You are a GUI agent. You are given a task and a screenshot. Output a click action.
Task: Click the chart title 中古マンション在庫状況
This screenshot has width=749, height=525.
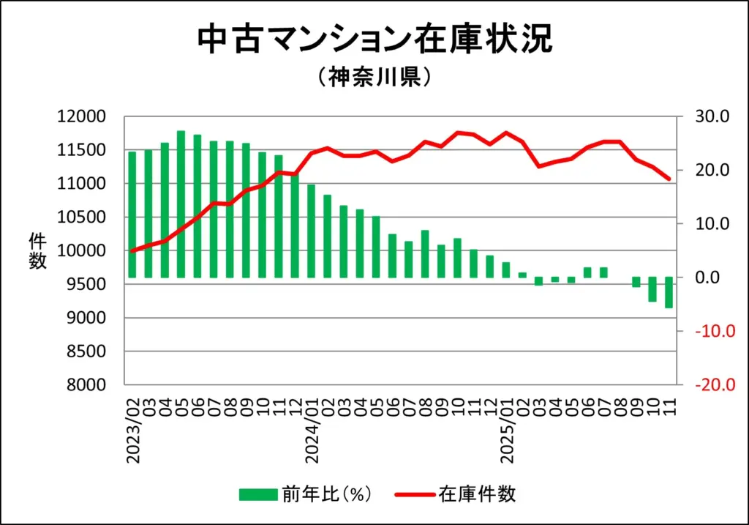click(x=374, y=40)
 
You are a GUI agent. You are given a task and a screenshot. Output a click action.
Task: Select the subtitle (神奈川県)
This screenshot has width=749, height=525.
click(x=374, y=78)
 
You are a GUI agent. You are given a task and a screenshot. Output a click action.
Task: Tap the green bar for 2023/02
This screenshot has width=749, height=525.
click(x=132, y=215)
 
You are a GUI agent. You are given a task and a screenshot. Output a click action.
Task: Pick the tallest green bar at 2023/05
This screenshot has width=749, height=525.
click(x=181, y=204)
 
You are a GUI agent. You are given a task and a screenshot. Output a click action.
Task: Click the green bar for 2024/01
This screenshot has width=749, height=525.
click(x=311, y=231)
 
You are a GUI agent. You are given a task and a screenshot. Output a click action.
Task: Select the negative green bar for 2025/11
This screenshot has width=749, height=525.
click(x=669, y=293)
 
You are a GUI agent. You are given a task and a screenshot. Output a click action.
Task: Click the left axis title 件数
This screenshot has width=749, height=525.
click(x=37, y=251)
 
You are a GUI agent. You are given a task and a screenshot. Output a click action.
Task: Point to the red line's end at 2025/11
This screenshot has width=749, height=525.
click(x=669, y=179)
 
